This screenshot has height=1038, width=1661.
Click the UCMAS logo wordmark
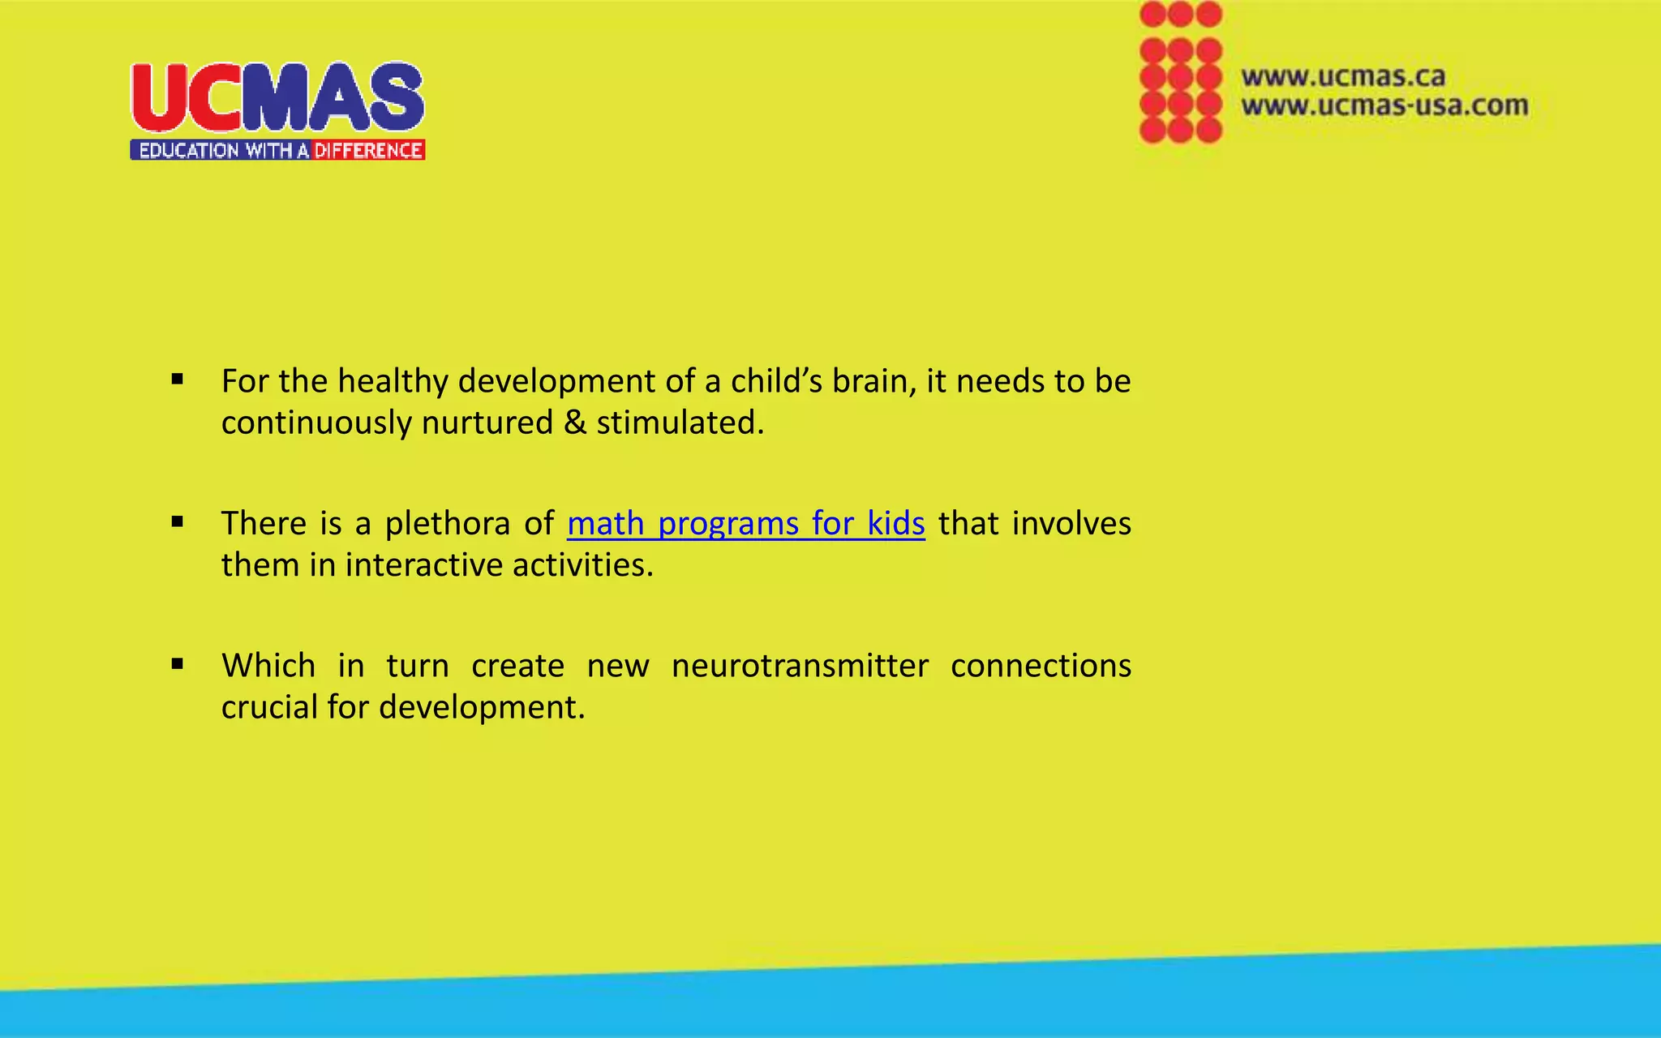[x=277, y=97]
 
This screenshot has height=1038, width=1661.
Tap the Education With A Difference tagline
[x=277, y=150]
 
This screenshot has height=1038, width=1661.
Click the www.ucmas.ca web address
[x=1343, y=77]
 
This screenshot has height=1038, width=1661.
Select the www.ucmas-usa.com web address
[x=1384, y=105]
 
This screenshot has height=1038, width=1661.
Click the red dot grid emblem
[x=1180, y=73]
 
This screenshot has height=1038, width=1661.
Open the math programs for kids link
[x=745, y=524]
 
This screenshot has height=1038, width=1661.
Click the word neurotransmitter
[x=800, y=666]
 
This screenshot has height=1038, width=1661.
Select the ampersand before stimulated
[x=575, y=422]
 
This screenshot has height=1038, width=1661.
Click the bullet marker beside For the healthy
[x=178, y=380]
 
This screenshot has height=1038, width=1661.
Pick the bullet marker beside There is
[x=178, y=522]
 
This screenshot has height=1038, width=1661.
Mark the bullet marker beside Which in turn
[x=178, y=664]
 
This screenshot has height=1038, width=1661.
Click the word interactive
[x=424, y=565]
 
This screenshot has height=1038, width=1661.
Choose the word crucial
[x=269, y=707]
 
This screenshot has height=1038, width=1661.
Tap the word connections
[x=1041, y=666]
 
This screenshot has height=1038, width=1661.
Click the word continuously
[x=315, y=422]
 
